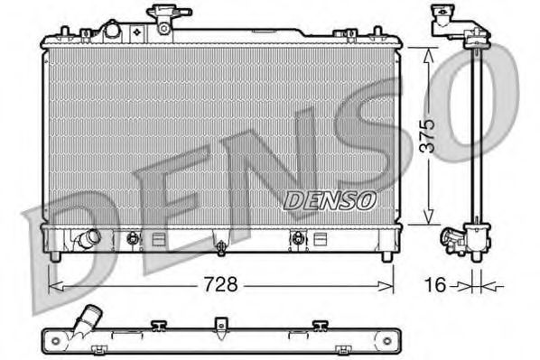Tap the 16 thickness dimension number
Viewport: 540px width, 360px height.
click(434, 286)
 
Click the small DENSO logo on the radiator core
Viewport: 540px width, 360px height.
click(326, 201)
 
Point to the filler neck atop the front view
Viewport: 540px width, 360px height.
click(165, 19)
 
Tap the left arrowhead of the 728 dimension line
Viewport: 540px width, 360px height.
click(51, 286)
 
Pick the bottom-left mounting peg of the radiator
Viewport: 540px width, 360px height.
click(56, 257)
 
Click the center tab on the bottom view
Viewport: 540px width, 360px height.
click(218, 324)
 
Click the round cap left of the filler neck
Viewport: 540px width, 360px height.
click(113, 30)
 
